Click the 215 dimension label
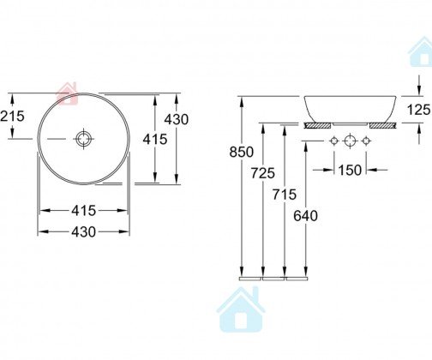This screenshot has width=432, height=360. click(12, 116)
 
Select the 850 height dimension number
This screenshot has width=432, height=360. click(242, 152)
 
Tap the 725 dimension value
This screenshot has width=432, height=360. click(263, 173)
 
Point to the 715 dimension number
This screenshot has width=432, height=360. click(285, 195)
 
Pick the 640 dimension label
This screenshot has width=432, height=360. click(305, 216)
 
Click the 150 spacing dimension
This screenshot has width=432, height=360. click(350, 171)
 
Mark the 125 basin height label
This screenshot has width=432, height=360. click(419, 110)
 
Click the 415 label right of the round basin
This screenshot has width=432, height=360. click(155, 139)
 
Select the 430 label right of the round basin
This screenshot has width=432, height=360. click(177, 119)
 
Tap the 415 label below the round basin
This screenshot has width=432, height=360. click(83, 211)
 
